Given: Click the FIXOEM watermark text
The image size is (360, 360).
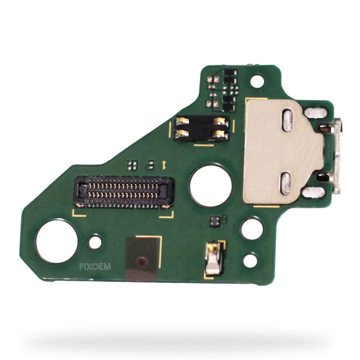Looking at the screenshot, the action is pyautogui.click(x=95, y=266).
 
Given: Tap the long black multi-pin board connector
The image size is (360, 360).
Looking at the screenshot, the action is pyautogui.click(x=124, y=192).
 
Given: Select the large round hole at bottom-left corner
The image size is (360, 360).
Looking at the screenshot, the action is pyautogui.click(x=57, y=241).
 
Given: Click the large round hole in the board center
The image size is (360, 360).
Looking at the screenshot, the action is pyautogui.click(x=211, y=185).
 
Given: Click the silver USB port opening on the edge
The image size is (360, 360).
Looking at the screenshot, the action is pyautogui.click(x=337, y=155).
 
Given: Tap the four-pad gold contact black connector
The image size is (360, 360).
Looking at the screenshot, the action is pyautogui.click(x=202, y=128).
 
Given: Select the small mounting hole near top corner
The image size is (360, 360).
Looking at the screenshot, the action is pyautogui.click(x=257, y=81).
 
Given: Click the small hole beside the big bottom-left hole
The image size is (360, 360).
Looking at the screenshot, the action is pyautogui.click(x=95, y=242).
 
